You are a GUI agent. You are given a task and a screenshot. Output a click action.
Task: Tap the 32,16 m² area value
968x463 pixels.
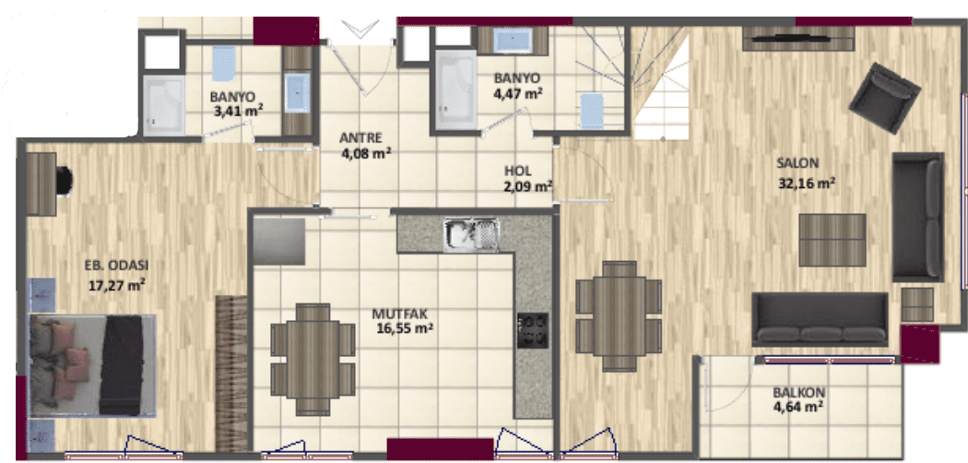(808, 183)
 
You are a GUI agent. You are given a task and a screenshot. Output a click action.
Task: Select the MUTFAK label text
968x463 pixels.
(396, 314)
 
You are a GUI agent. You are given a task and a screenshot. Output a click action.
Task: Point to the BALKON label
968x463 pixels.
(799, 393)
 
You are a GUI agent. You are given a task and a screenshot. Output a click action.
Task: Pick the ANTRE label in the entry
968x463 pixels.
(361, 137)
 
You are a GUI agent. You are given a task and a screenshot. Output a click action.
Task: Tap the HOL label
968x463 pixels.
(517, 171)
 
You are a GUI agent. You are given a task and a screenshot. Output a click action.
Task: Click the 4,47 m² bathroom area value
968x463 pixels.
(518, 94)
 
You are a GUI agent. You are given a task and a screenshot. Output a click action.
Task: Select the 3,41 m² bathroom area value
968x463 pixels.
(238, 112)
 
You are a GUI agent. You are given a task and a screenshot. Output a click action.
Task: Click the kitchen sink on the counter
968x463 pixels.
(472, 234)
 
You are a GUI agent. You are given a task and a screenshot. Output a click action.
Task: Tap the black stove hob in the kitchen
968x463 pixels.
(533, 330)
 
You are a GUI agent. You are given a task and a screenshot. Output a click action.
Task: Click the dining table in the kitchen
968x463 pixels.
(313, 359)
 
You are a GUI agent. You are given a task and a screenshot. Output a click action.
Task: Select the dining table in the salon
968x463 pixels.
(620, 316)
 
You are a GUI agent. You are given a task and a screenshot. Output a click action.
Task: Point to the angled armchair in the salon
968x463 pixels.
(885, 98)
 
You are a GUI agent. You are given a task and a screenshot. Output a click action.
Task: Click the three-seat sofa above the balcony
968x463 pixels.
(820, 318)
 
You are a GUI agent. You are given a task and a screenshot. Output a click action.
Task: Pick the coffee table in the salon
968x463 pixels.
(832, 240)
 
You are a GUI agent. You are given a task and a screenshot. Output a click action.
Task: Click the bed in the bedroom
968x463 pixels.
(92, 365)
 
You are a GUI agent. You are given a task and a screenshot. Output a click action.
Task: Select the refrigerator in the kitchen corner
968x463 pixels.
(279, 241)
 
